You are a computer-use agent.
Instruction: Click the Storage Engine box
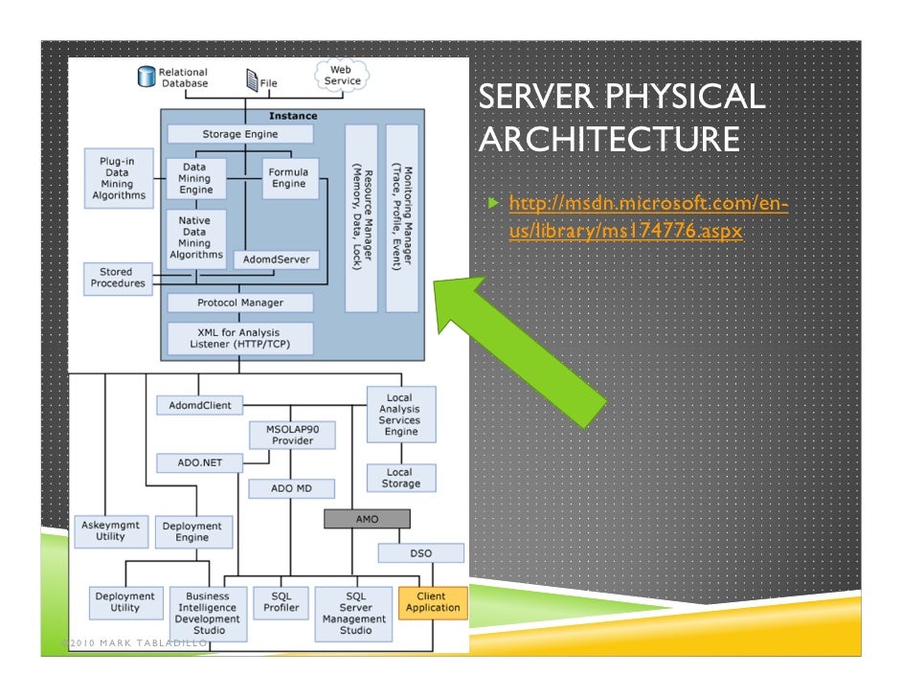click(x=240, y=135)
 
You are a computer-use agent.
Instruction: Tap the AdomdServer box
click(x=277, y=259)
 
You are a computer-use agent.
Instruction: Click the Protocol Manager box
click(x=240, y=303)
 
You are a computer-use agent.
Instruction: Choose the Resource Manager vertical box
click(x=361, y=217)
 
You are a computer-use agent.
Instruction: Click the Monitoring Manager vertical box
click(x=402, y=217)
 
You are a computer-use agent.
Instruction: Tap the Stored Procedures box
click(x=118, y=278)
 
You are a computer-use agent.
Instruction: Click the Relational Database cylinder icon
click(x=147, y=77)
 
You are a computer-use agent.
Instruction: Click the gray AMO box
click(x=367, y=518)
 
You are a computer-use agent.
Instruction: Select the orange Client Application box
click(x=433, y=602)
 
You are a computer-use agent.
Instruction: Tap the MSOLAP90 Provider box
click(x=292, y=435)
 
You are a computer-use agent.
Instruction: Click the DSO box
click(x=420, y=553)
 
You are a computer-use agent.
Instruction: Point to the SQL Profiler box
click(x=282, y=602)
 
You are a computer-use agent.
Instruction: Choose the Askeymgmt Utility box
click(x=110, y=531)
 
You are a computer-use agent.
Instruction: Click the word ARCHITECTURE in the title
click(x=608, y=140)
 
